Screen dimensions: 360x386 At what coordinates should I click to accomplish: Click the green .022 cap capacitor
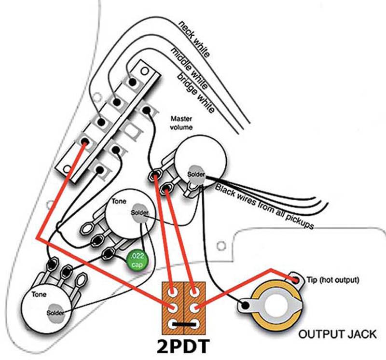click(137, 261)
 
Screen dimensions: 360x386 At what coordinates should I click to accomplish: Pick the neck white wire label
click(195, 39)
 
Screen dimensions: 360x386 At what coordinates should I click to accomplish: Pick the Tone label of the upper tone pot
click(118, 201)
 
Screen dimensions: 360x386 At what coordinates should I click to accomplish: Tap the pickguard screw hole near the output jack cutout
click(221, 245)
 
